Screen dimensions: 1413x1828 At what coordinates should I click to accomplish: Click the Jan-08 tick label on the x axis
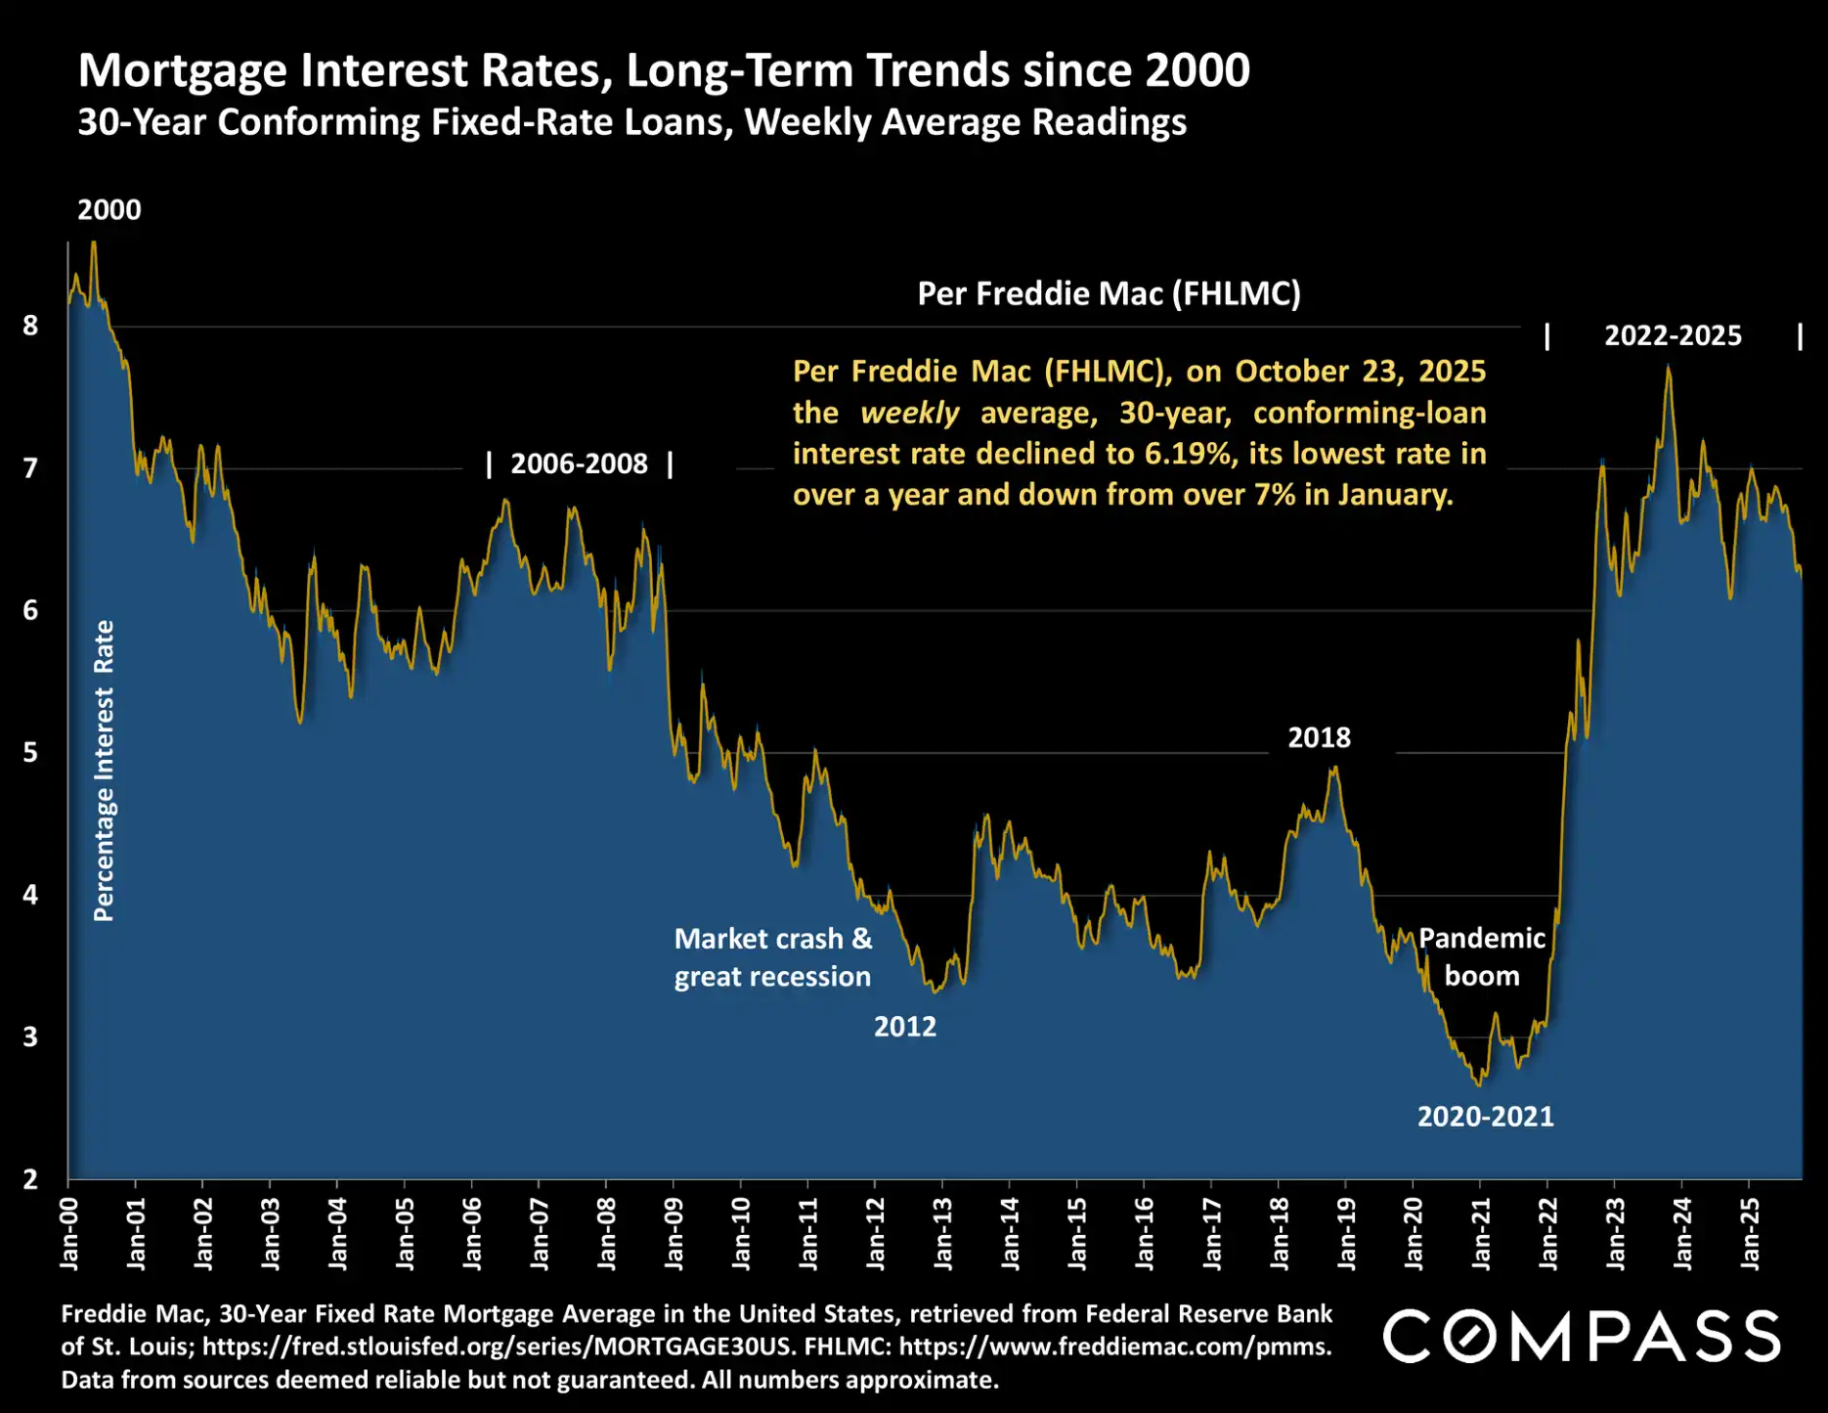click(x=607, y=1233)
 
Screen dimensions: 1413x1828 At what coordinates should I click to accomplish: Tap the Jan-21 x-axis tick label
click(x=1482, y=1233)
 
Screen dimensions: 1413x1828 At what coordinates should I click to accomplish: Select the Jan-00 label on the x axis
click(x=69, y=1233)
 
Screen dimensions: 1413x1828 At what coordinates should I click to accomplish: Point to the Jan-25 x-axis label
click(x=1751, y=1233)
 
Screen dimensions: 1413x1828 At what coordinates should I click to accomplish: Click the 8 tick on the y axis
click(x=30, y=326)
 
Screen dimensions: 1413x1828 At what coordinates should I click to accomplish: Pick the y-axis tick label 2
click(x=30, y=1179)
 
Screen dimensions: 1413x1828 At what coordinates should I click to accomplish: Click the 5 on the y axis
click(x=30, y=752)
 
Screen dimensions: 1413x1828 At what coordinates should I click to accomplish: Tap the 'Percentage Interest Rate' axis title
click(x=104, y=771)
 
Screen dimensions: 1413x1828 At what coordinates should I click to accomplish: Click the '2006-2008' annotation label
click(x=579, y=464)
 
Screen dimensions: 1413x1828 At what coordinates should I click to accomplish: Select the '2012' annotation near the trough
click(x=904, y=1027)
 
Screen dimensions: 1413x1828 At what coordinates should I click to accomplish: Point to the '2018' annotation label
click(x=1319, y=737)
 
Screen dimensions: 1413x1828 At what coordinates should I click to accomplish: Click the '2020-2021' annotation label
click(x=1485, y=1117)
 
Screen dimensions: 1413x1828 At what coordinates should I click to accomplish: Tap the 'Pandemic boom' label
click(x=1482, y=956)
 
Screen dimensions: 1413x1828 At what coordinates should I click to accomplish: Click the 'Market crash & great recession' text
click(x=772, y=957)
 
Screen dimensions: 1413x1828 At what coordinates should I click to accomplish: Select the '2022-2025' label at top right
click(x=1673, y=335)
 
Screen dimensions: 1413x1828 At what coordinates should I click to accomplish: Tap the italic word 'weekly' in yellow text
click(x=909, y=413)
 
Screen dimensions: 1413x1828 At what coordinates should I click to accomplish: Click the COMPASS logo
click(x=1581, y=1337)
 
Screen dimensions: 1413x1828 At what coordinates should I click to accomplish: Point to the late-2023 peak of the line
click(x=1669, y=368)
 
